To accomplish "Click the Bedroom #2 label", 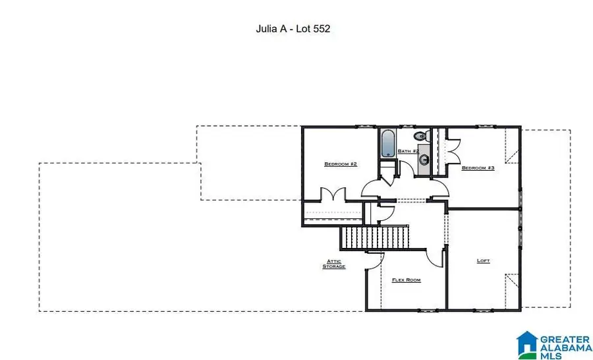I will [341, 164].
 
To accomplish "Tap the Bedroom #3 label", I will [478, 167].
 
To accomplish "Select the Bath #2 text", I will [408, 151].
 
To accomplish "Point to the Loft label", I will [484, 260].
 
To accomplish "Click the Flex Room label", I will [406, 280].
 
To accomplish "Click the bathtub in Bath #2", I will [387, 143].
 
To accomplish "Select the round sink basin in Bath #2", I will [425, 159].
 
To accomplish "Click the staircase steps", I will [375, 237].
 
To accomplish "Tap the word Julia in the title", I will [266, 29].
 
